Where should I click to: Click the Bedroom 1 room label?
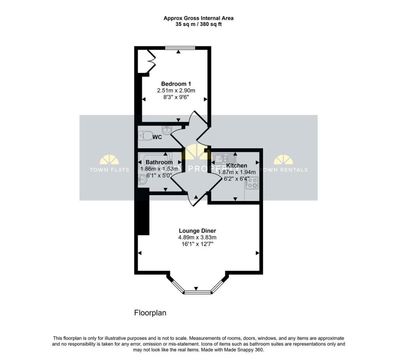pos(176,84)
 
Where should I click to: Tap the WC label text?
pos(157,137)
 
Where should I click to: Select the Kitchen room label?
pos(236,165)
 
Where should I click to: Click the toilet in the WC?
pos(146,136)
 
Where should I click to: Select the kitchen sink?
pos(224,158)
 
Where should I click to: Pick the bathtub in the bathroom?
pos(159,161)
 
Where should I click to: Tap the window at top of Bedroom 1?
pos(180,48)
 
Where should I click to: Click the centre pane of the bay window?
pos(198,292)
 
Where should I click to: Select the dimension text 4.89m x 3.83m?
pos(197,237)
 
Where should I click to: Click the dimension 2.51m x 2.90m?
pos(176,90)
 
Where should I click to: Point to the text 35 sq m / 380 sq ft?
pos(198,24)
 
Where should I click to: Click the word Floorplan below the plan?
pos(150,313)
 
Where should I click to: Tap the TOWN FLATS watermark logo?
pos(109,163)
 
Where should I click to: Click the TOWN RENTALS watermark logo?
pos(283,163)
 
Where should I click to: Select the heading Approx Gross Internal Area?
pos(198,18)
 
